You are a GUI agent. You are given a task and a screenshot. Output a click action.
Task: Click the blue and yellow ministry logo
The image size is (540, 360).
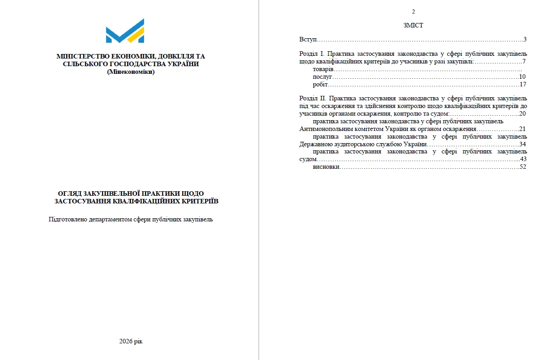(x=125, y=31)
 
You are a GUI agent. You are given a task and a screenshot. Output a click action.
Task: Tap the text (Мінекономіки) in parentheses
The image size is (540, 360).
(x=130, y=72)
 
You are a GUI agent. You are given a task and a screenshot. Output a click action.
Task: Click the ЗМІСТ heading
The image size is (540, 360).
(x=413, y=26)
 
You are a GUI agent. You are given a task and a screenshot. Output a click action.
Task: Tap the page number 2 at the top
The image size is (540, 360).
(x=413, y=12)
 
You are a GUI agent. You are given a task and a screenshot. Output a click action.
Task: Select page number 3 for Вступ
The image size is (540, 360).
(x=525, y=40)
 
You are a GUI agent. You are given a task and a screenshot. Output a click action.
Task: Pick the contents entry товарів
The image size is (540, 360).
(x=323, y=70)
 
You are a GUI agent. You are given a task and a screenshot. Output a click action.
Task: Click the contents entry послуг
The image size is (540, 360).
(x=322, y=77)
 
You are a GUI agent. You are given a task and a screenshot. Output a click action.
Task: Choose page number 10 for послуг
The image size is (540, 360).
(x=522, y=77)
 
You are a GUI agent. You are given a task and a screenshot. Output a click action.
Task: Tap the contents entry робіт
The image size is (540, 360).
(x=321, y=84)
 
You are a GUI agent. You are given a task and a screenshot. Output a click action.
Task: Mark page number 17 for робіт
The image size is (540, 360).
(x=522, y=84)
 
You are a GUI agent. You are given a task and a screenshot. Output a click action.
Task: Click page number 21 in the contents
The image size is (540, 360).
(x=522, y=129)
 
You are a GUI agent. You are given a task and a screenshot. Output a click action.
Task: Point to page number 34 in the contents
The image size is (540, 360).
(x=522, y=144)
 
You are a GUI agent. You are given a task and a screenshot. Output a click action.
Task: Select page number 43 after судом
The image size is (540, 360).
(x=523, y=159)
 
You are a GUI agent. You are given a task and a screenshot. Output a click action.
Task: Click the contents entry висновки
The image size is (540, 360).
(x=326, y=167)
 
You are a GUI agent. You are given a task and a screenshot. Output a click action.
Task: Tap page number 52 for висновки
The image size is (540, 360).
(x=522, y=167)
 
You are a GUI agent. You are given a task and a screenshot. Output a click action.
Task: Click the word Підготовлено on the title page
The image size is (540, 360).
(x=68, y=220)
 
